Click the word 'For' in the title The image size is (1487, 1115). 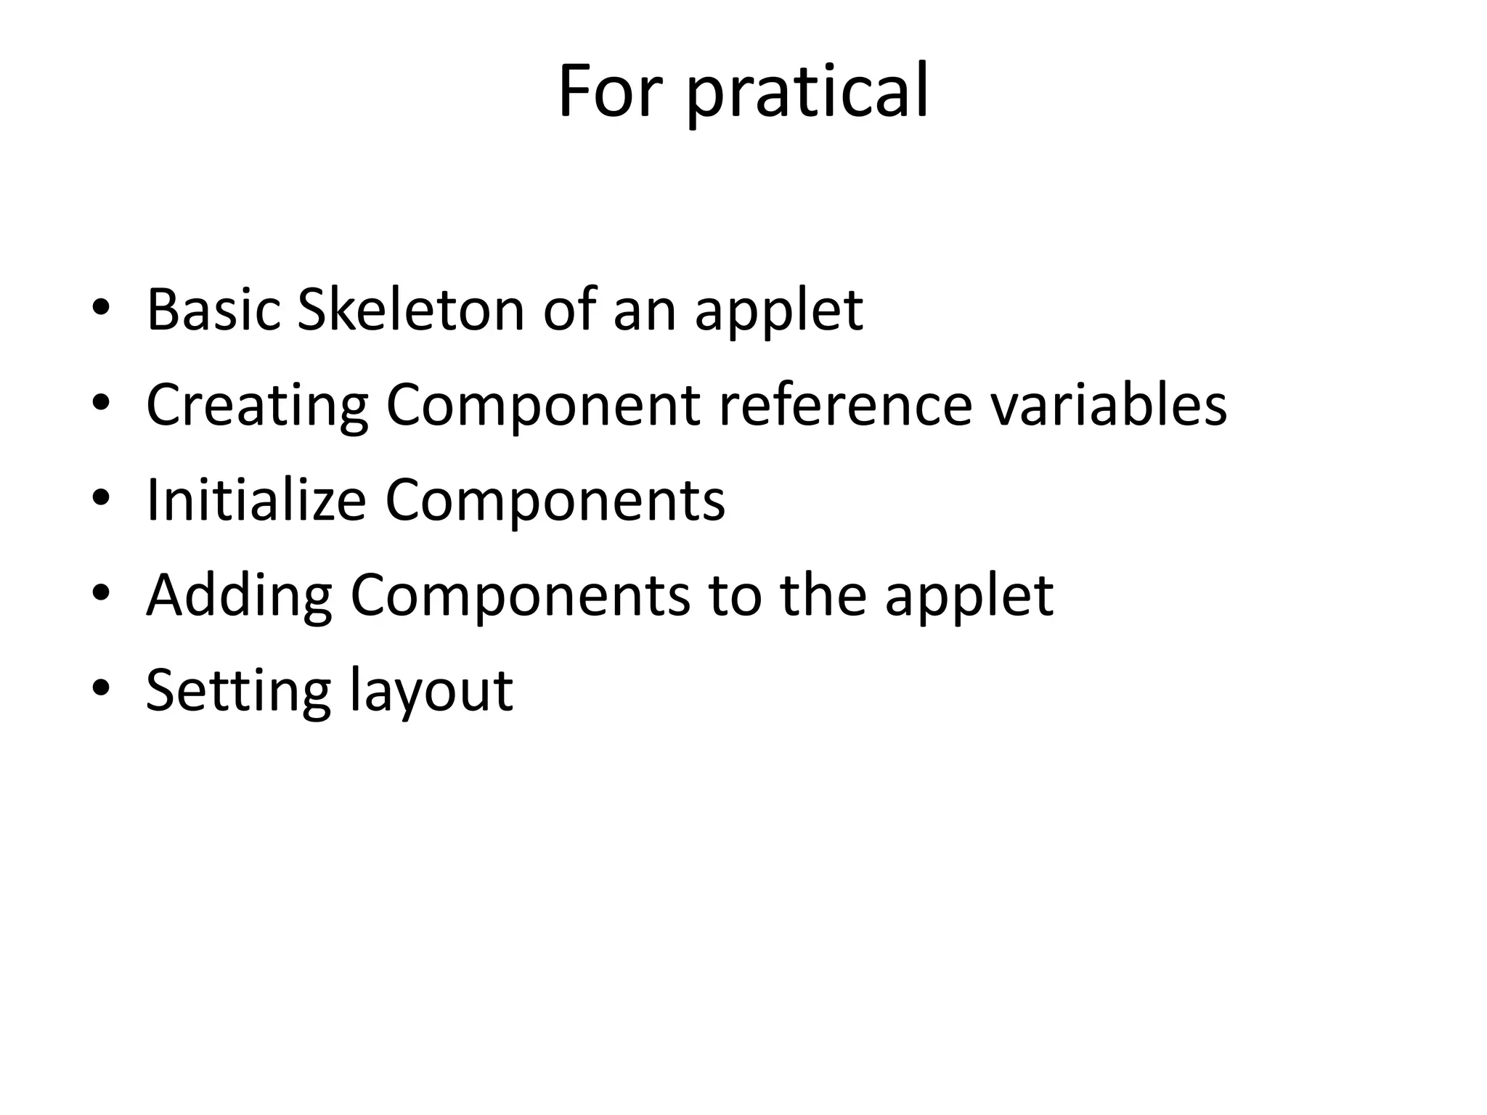[x=610, y=92]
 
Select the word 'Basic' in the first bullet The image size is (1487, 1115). [x=213, y=310]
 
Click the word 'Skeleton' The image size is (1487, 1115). [x=410, y=310]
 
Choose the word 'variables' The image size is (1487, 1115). [x=1109, y=405]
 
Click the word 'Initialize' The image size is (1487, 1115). [x=256, y=501]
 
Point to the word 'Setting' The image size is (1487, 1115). [x=238, y=691]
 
